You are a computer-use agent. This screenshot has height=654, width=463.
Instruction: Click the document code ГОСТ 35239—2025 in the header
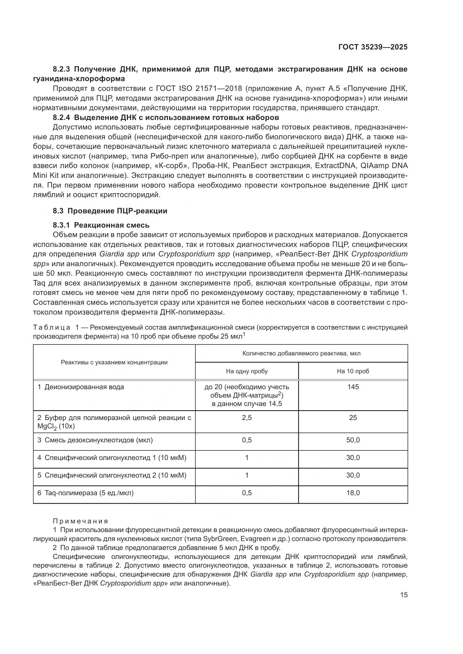click(373, 47)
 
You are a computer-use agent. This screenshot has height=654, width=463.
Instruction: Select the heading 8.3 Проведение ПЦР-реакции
click(110, 211)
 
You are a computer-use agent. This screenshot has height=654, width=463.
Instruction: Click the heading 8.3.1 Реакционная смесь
click(101, 225)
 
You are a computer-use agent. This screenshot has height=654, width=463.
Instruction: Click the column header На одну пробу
click(247, 371)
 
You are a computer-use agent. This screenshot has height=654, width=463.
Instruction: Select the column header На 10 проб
click(353, 371)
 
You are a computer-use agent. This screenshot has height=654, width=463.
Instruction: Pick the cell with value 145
click(353, 387)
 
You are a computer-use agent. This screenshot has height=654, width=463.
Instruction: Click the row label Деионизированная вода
click(84, 387)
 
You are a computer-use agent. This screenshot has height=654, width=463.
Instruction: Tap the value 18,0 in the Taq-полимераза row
click(353, 493)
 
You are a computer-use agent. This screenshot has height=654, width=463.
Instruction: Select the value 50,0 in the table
click(353, 440)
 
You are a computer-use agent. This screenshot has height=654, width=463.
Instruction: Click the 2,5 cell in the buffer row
click(247, 417)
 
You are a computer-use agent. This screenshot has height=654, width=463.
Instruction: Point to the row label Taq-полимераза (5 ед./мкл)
click(89, 493)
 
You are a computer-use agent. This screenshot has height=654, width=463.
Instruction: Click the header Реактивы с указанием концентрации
click(114, 362)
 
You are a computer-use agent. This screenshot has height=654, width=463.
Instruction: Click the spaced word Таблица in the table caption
click(52, 327)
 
